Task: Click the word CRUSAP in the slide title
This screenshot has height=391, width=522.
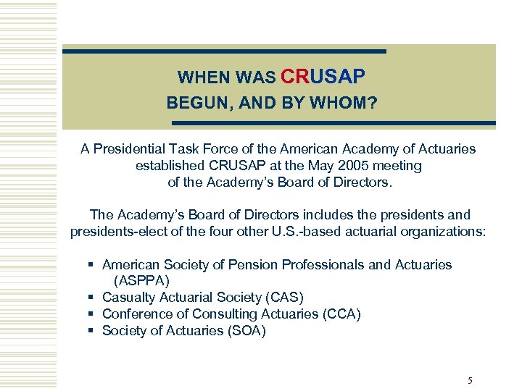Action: [x=322, y=76]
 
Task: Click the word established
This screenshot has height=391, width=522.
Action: [x=167, y=165]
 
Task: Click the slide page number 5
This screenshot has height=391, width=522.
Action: [x=470, y=381]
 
